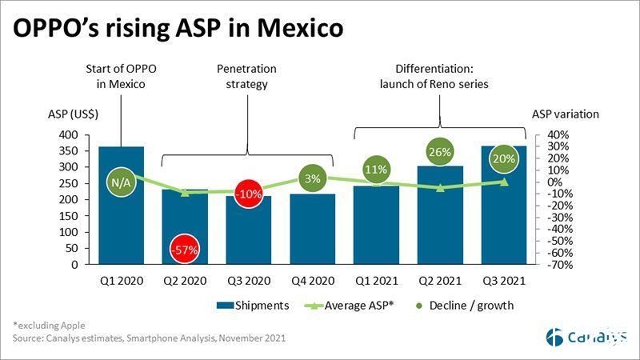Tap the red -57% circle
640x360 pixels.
[x=184, y=250]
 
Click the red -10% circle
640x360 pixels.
[x=248, y=194]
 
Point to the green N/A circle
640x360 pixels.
[x=121, y=183]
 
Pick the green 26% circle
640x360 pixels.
[x=439, y=152]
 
